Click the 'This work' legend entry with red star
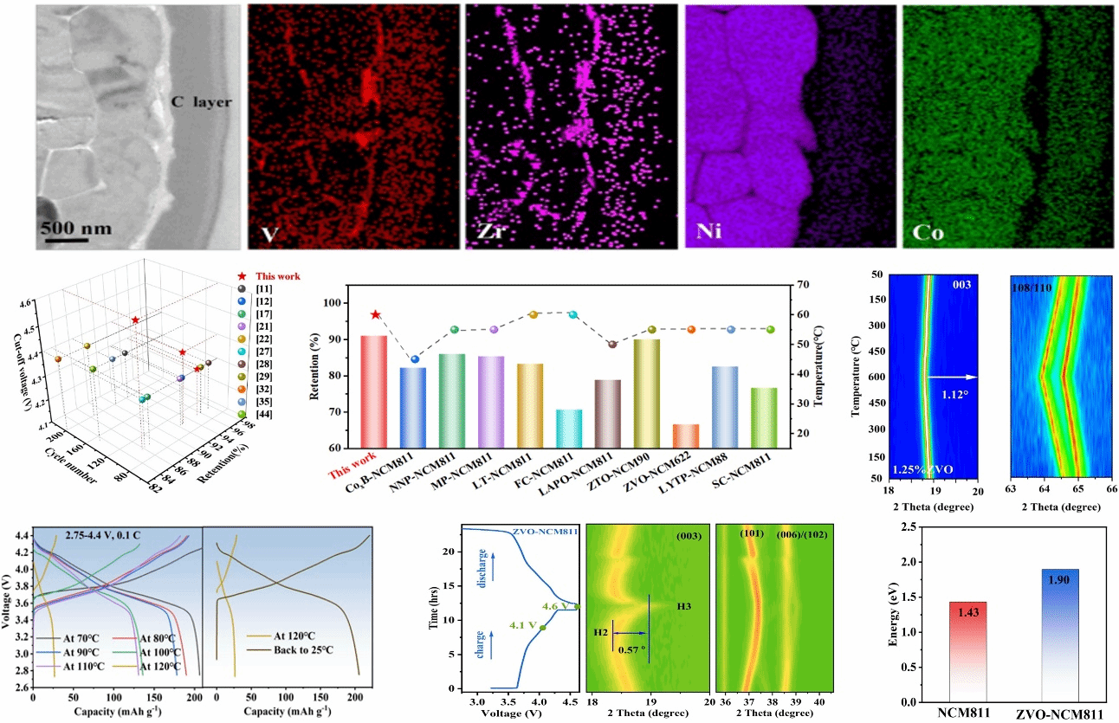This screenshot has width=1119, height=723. pyautogui.click(x=277, y=276)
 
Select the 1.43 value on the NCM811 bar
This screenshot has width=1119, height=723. pyautogui.click(x=967, y=612)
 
